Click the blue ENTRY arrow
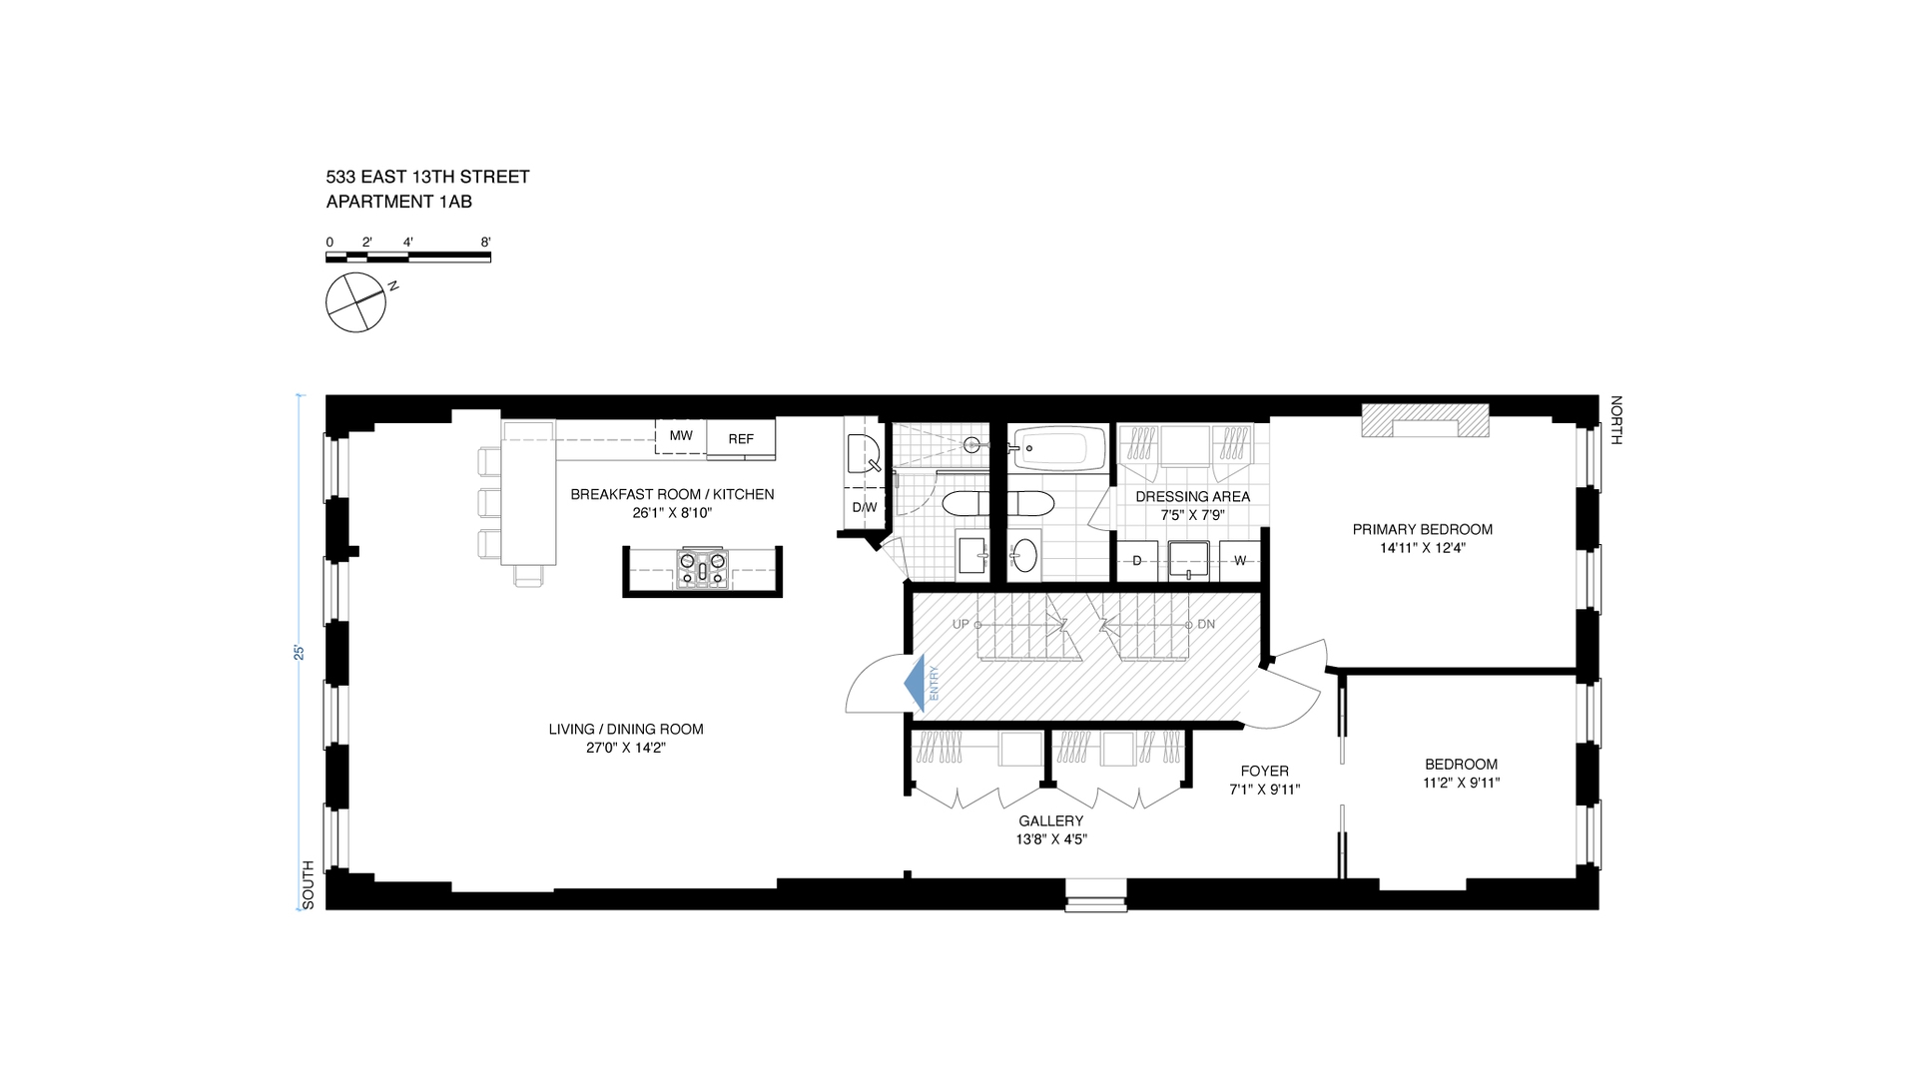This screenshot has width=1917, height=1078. tap(914, 685)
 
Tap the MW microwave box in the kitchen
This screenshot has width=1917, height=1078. tap(681, 436)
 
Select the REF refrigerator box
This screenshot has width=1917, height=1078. tap(741, 438)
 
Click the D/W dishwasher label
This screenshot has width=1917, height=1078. tap(865, 507)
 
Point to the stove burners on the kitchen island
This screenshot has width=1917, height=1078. tap(703, 569)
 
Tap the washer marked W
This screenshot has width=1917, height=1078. tap(1239, 561)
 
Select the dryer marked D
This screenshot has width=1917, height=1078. tap(1136, 561)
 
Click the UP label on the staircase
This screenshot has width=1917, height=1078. tap(960, 625)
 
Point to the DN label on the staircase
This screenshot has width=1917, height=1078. tap(1206, 625)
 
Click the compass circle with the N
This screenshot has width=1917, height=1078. tap(355, 302)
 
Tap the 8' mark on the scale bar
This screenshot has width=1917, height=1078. tap(485, 242)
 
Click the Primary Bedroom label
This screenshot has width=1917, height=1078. tap(1423, 529)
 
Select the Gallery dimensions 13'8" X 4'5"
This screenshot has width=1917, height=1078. tap(1051, 839)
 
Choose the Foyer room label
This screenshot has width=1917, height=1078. tap(1265, 771)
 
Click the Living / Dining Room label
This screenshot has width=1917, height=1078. tap(626, 729)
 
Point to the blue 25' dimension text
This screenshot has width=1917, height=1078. tap(298, 653)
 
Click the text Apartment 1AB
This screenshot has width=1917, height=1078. tap(399, 202)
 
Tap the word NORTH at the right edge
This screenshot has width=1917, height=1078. tap(1616, 420)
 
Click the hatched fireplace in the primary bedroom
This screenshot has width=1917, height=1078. tap(1426, 420)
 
